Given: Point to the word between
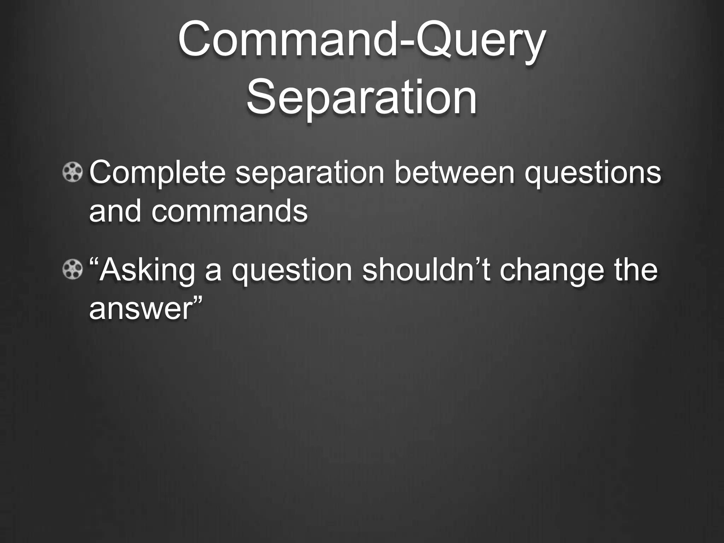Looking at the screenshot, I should [x=454, y=173].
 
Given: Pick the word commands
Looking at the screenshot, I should [x=230, y=211].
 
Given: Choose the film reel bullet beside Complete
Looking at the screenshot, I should [x=72, y=173].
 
